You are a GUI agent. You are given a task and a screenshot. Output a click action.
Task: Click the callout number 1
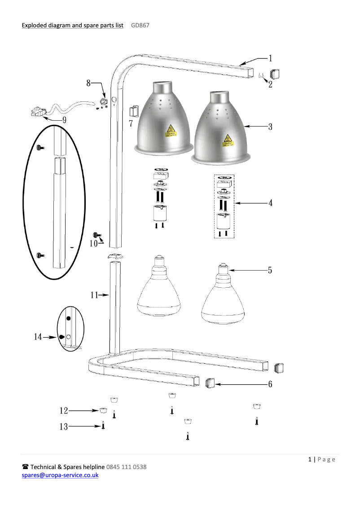point(270,57)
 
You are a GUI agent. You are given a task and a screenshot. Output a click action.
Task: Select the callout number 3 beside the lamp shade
point(270,127)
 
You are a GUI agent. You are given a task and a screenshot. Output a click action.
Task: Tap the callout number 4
point(270,203)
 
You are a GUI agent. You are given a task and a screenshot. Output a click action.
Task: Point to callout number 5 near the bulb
point(270,270)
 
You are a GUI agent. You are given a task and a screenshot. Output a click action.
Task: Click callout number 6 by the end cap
point(270,385)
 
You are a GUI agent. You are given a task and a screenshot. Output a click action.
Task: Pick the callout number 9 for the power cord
point(64,120)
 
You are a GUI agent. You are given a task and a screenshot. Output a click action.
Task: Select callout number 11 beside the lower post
point(94,295)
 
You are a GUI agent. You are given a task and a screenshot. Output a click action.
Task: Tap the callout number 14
point(38,336)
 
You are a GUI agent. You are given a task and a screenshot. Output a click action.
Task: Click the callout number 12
point(64,410)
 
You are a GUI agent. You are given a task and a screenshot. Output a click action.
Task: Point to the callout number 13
point(64,427)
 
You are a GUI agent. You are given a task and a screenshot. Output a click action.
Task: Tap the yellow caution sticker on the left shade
point(171,131)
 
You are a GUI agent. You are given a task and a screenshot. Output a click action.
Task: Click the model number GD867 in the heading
point(140,26)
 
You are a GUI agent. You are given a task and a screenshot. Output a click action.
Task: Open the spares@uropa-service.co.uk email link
point(60,474)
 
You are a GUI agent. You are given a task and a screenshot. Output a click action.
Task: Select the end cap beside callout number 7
point(133,110)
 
